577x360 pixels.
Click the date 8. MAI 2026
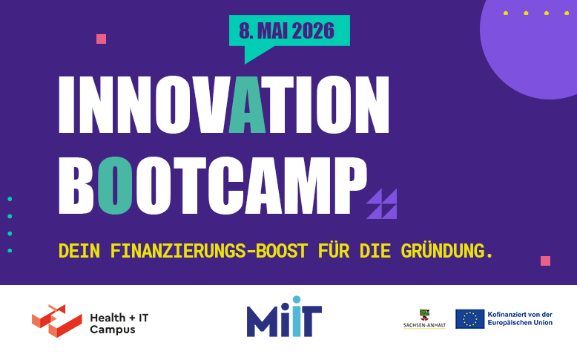click(287, 30)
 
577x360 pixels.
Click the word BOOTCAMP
click(212, 185)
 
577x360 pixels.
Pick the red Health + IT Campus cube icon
click(56, 320)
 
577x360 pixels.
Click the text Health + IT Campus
click(119, 323)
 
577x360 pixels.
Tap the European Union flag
click(469, 318)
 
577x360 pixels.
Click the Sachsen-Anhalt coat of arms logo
click(424, 318)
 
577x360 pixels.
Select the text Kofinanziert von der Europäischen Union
click(520, 318)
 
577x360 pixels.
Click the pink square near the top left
click(102, 39)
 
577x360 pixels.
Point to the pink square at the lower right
click(545, 261)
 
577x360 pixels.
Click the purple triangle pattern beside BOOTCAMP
click(382, 204)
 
